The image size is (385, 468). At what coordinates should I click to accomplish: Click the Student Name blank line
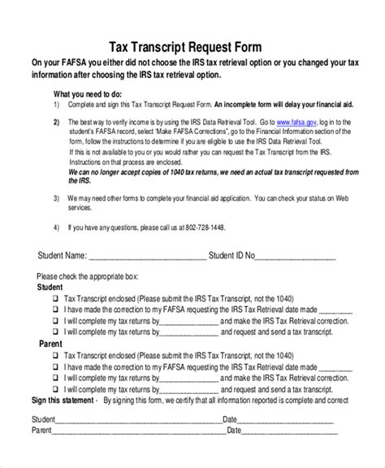coord(145,258)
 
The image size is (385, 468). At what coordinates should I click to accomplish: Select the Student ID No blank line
coord(296,258)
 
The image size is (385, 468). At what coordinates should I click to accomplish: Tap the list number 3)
coord(56,197)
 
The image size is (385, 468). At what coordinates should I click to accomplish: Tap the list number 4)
coord(56,227)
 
